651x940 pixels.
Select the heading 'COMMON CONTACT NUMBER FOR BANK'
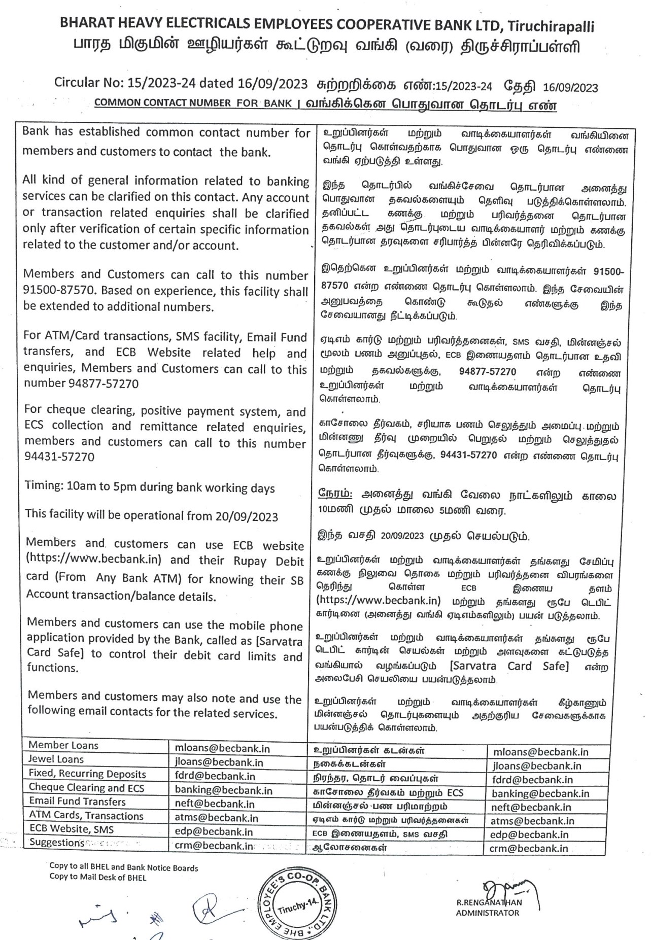click(193, 102)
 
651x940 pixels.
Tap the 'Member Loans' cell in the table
click(63, 745)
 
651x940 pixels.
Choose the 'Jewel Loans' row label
click(56, 759)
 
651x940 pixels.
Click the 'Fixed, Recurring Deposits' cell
click(87, 774)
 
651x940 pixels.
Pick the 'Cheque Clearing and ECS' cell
click(86, 787)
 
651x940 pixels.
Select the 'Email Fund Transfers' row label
click(77, 802)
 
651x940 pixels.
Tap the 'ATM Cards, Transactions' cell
click(86, 816)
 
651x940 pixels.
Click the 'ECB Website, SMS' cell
click(72, 829)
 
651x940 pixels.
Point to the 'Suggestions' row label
click(57, 843)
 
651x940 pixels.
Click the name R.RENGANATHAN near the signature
click(489, 902)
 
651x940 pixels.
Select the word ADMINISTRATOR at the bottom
click(488, 913)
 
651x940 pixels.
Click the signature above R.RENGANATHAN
click(505, 888)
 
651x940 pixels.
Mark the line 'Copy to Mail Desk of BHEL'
click(97, 877)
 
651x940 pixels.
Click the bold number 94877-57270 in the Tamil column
click(488, 372)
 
